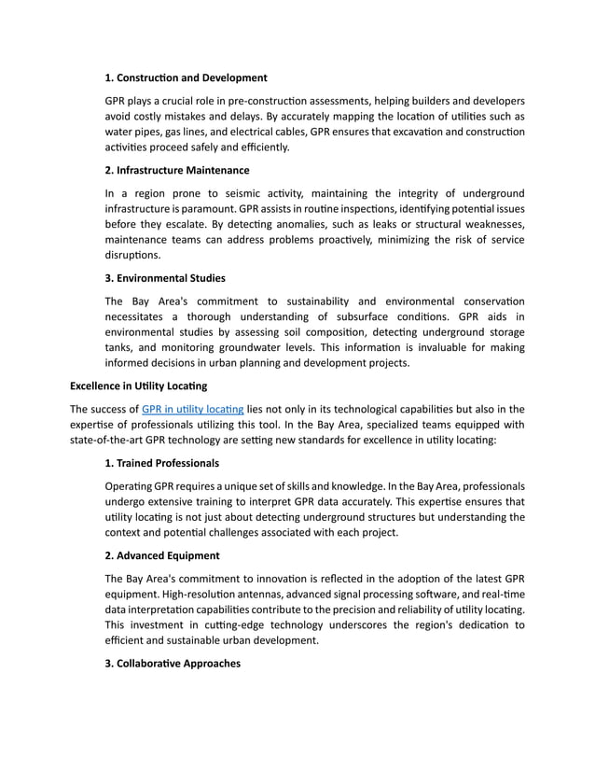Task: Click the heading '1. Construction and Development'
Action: tap(186, 77)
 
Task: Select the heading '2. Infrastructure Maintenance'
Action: tap(177, 170)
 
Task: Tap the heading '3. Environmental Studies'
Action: tap(165, 278)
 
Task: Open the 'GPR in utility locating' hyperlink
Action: tap(193, 409)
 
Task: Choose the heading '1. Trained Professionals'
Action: tap(162, 463)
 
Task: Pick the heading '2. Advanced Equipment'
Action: tap(162, 554)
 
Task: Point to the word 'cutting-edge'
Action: tap(239, 624)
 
